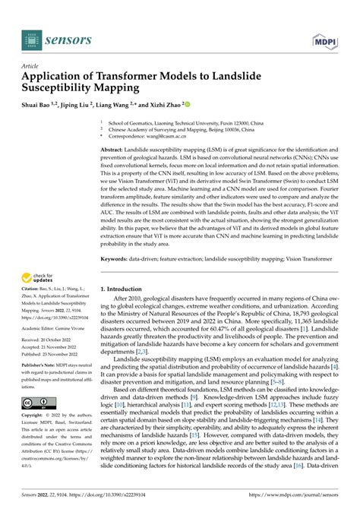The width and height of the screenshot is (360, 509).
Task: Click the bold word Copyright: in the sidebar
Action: tap(33, 416)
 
